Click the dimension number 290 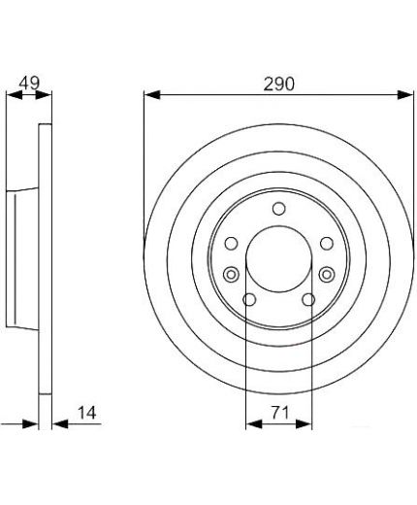[x=279, y=84]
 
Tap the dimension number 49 [x=29, y=84]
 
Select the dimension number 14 [x=87, y=413]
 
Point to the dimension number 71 [x=280, y=413]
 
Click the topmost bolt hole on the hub [x=278, y=209]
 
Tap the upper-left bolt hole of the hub [x=231, y=243]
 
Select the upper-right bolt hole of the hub [x=327, y=243]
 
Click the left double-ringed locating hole [x=231, y=275]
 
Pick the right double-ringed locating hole [x=327, y=275]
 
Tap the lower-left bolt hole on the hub [x=249, y=299]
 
